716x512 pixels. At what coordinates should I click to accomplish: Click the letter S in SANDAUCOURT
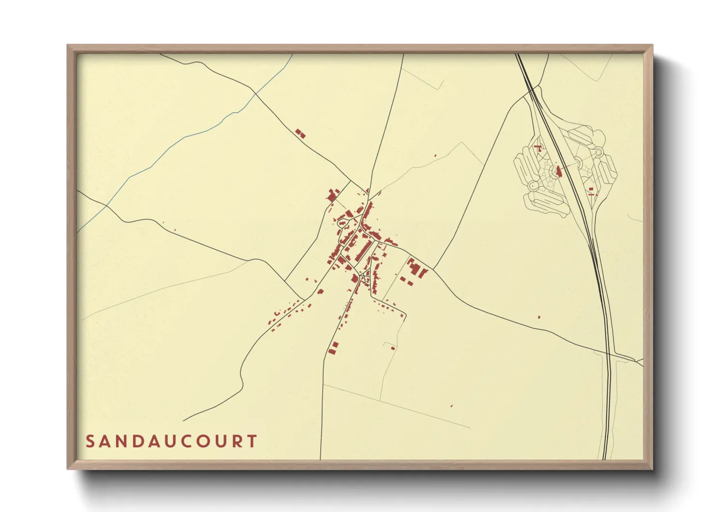pos(90,441)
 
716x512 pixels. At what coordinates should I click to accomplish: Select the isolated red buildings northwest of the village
pos(300,134)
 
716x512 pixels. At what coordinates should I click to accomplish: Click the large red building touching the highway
pos(559,171)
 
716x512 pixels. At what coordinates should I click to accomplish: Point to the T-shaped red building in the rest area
pos(537,147)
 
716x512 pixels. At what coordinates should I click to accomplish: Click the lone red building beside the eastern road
pos(539,317)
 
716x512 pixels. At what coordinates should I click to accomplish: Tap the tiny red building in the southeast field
pos(451,406)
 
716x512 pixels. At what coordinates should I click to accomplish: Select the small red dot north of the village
pos(435,155)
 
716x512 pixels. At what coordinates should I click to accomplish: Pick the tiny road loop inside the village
pos(362,276)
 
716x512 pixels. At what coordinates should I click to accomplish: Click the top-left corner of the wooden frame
pos(68,45)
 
